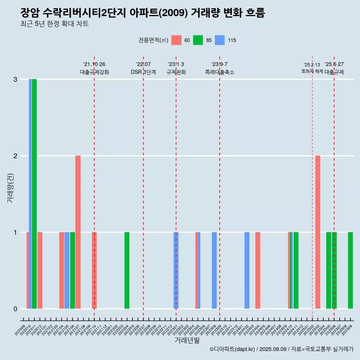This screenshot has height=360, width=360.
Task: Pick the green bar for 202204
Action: (127, 270)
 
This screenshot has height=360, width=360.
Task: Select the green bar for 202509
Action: (350, 270)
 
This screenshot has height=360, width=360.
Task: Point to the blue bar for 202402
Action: (247, 270)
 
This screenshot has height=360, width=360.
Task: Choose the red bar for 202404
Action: (258, 270)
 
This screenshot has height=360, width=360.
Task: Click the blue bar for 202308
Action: (214, 270)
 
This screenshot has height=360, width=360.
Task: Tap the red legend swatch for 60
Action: (176, 40)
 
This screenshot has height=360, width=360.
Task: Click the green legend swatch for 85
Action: (198, 40)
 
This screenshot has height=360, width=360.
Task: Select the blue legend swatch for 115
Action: (220, 40)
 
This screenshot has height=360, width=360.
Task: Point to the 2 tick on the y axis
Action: (15, 156)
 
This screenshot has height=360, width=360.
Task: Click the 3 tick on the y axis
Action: (15, 79)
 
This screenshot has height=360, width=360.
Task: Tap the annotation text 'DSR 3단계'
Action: (143, 72)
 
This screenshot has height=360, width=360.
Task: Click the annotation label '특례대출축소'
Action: (219, 72)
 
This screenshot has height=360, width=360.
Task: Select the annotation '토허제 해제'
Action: (312, 71)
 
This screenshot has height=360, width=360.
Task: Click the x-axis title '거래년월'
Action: (187, 340)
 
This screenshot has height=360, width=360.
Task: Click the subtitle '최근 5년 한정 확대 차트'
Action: (54, 24)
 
